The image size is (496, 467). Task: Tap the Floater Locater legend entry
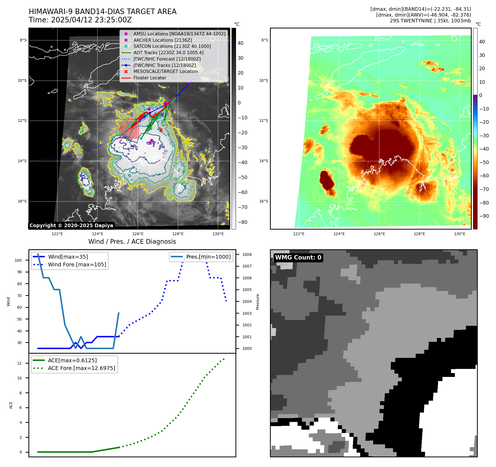point(150,78)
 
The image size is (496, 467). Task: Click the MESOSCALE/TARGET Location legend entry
point(165,72)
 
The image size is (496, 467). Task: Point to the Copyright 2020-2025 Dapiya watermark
point(71,225)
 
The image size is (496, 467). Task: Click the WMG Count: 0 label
point(298,258)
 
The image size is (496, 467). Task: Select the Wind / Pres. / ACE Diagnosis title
point(132,242)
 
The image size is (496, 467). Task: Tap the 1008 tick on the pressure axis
point(247,255)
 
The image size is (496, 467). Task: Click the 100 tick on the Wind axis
point(18,260)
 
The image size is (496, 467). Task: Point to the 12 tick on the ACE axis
point(19,363)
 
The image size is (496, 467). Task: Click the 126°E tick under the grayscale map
point(138,234)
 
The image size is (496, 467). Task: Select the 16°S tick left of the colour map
point(264,201)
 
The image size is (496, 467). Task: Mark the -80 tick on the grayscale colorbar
point(243,222)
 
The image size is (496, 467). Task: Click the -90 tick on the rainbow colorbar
point(484,216)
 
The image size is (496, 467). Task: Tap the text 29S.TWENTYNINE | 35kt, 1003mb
point(430,21)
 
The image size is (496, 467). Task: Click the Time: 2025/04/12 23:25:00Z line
point(80,20)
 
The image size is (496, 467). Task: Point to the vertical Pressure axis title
point(258,302)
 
